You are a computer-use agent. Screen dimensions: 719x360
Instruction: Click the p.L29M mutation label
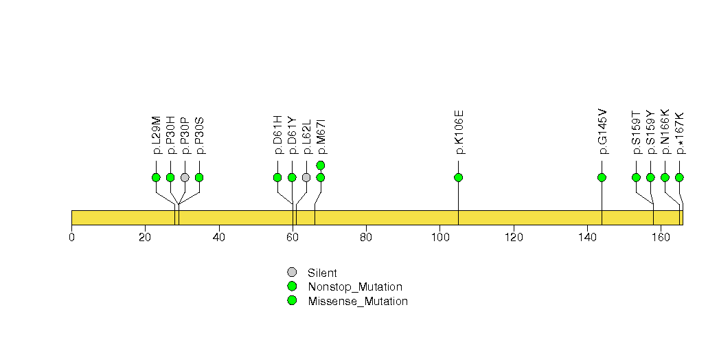tap(157, 135)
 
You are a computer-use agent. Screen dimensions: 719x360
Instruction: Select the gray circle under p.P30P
tap(185, 177)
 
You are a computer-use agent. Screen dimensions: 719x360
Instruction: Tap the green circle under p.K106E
tap(458, 177)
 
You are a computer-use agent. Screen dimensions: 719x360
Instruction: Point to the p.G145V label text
tap(602, 132)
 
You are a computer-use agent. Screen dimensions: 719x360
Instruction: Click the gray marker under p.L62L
tap(306, 177)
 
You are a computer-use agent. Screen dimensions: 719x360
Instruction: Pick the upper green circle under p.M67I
tap(321, 165)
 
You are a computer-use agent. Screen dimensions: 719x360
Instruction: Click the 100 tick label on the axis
tap(440, 238)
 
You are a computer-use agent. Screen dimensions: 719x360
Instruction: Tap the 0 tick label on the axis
tap(71, 238)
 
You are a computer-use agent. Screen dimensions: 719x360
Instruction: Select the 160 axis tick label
tap(661, 238)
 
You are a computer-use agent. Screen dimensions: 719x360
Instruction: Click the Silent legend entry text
tap(322, 273)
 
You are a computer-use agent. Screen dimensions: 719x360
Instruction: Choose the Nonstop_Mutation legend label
tap(355, 287)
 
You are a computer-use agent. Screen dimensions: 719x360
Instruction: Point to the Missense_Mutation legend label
tap(358, 302)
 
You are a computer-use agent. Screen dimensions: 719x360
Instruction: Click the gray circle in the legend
tap(292, 273)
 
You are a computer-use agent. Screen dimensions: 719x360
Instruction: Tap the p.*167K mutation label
tap(680, 133)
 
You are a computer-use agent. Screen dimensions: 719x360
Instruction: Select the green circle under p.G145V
tap(602, 177)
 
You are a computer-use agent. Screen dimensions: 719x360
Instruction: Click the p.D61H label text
tap(278, 135)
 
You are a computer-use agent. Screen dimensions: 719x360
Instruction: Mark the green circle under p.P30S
tap(199, 177)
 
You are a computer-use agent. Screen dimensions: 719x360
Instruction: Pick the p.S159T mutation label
tap(637, 133)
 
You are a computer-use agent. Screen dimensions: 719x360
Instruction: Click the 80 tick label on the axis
tap(366, 238)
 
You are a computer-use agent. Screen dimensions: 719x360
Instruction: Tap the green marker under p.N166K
tap(665, 177)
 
